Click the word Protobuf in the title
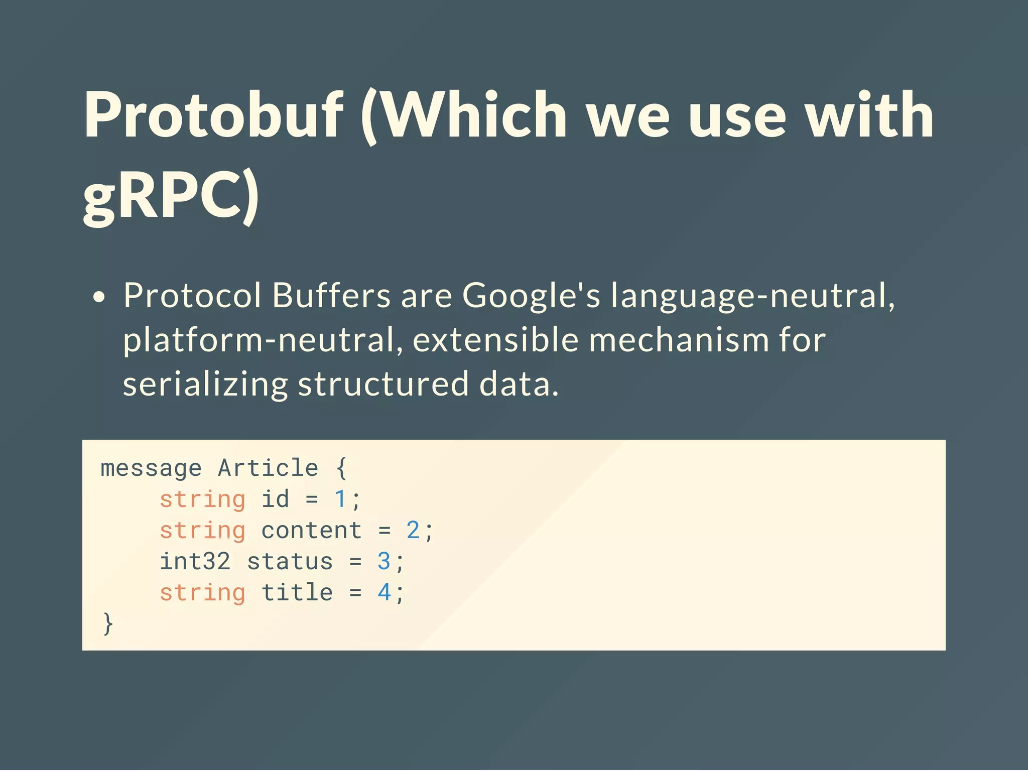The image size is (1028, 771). (x=213, y=115)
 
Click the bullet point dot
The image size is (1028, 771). (x=99, y=297)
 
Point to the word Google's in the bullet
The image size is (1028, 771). (x=531, y=296)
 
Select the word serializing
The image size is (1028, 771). (x=205, y=385)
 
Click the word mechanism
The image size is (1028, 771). (x=679, y=340)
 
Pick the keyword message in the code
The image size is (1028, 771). (x=151, y=469)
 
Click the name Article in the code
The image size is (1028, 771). (x=268, y=468)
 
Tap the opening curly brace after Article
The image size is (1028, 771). (x=341, y=468)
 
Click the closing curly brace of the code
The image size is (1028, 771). (x=108, y=624)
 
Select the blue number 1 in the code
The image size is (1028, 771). (x=340, y=499)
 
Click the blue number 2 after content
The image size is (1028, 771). (x=413, y=531)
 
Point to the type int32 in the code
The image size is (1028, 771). (x=195, y=562)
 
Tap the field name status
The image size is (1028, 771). (x=290, y=562)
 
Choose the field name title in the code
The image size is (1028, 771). (x=297, y=593)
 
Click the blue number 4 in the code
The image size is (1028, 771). (x=384, y=593)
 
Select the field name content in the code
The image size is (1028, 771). (x=311, y=531)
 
